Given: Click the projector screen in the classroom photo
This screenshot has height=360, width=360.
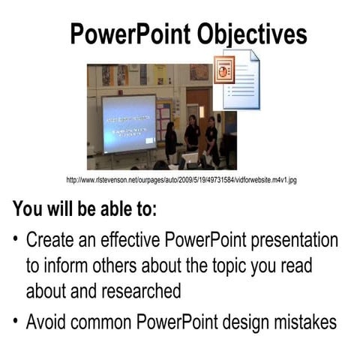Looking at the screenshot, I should click(128, 123).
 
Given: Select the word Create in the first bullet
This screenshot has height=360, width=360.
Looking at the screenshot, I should click(50, 241).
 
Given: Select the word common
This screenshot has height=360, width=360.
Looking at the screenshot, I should click(111, 322).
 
